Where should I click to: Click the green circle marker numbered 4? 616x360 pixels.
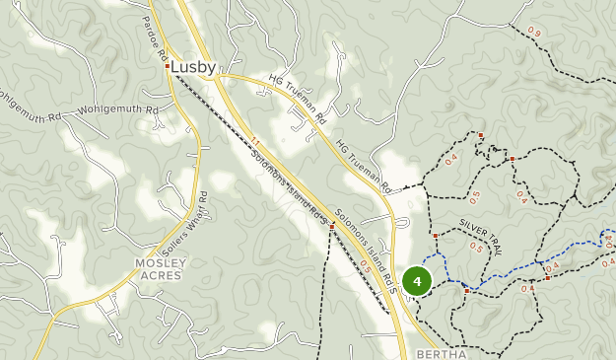tap(418, 282)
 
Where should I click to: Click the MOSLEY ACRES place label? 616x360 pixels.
tap(160, 269)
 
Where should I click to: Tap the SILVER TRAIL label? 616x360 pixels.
tap(480, 237)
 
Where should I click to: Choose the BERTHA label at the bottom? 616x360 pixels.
tap(441, 353)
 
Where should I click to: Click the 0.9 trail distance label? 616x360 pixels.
tap(534, 33)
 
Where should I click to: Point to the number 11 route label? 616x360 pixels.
tap(254, 143)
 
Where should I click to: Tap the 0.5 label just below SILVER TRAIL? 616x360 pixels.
tap(478, 248)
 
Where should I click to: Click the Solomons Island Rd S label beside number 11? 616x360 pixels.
tap(288, 184)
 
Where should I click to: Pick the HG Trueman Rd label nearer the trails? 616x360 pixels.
tap(364, 165)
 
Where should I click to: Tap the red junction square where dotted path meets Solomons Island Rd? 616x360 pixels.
tap(332, 226)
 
